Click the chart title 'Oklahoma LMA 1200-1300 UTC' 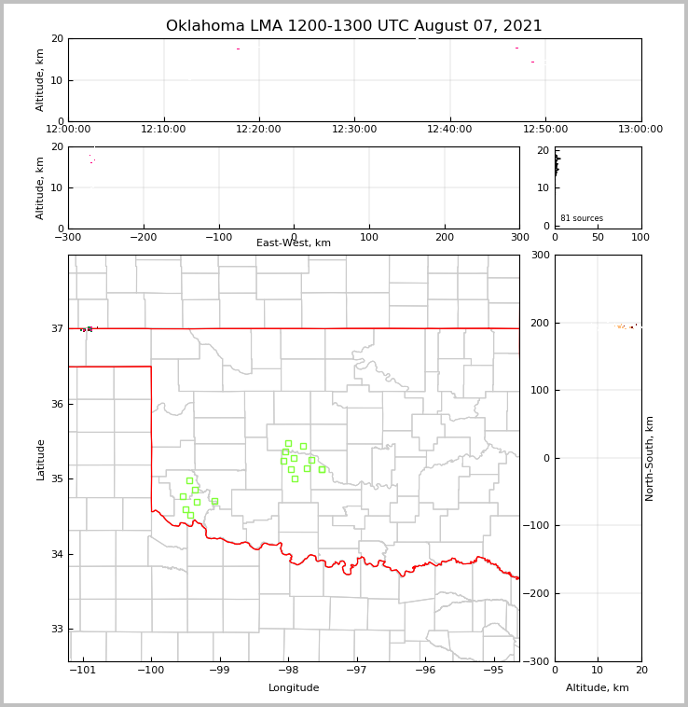pyautogui.click(x=353, y=26)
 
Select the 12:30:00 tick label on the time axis pyautogui.click(x=354, y=129)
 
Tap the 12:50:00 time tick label pyautogui.click(x=545, y=129)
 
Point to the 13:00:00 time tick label pyautogui.click(x=640, y=129)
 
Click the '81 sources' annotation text pyautogui.click(x=582, y=218)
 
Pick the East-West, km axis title pyautogui.click(x=294, y=243)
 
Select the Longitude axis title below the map pyautogui.click(x=294, y=688)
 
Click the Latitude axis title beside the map pyautogui.click(x=40, y=459)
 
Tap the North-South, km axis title pyautogui.click(x=650, y=458)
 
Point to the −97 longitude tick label pyautogui.click(x=356, y=670)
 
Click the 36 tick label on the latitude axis pyautogui.click(x=56, y=404)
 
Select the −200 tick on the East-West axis pyautogui.click(x=143, y=237)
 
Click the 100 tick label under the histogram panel pyautogui.click(x=640, y=237)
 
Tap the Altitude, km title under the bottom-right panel pyautogui.click(x=598, y=688)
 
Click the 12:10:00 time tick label pyautogui.click(x=164, y=129)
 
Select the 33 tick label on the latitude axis pyautogui.click(x=56, y=630)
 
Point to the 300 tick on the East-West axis pyautogui.click(x=519, y=237)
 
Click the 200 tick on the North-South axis pyautogui.click(x=541, y=323)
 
